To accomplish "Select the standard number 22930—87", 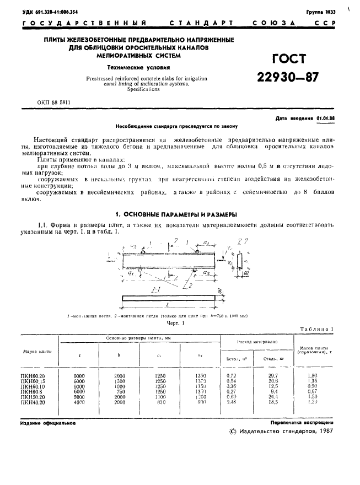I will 287,78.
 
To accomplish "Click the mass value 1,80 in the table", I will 311,375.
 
